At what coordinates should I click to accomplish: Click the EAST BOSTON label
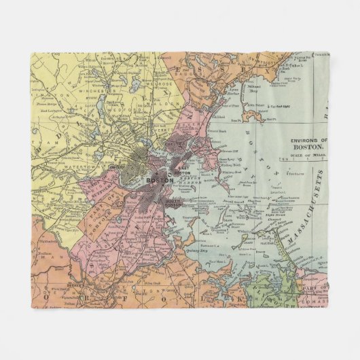(x=184, y=170)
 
